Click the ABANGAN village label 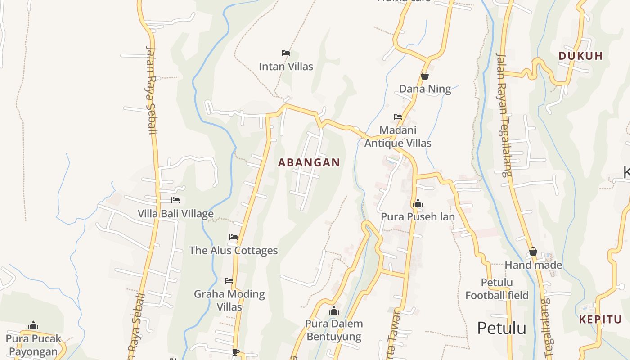(x=309, y=162)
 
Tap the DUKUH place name (x=580, y=56)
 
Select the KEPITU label (x=600, y=319)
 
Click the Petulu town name (x=501, y=328)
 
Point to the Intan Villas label (x=286, y=67)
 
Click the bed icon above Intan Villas (x=285, y=53)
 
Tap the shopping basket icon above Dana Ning (x=425, y=76)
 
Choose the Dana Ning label (x=425, y=89)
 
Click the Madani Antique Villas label (x=398, y=137)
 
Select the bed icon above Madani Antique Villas (x=398, y=117)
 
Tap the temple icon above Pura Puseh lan (x=418, y=204)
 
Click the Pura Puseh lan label (x=418, y=217)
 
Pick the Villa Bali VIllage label (x=175, y=214)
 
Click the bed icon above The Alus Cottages (x=233, y=237)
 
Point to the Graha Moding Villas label (x=229, y=300)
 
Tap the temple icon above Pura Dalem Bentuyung (x=333, y=310)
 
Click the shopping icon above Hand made (x=533, y=252)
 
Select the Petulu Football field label (x=497, y=289)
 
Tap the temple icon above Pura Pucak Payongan (x=33, y=326)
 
